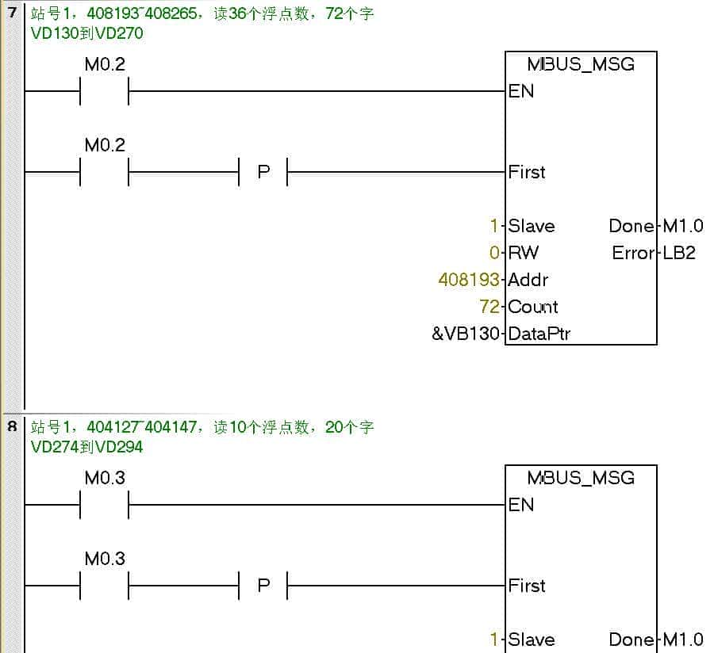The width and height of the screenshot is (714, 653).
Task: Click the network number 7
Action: point(12,13)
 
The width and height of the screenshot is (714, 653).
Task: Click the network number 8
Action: point(12,426)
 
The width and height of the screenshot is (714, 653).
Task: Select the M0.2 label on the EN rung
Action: point(105,64)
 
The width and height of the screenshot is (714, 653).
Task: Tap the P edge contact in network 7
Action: point(263,172)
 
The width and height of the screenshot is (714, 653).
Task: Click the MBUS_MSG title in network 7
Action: point(581,64)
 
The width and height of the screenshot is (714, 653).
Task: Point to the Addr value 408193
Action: point(469,280)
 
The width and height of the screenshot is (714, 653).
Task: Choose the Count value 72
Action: point(489,307)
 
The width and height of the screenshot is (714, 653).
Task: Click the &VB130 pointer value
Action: point(466,334)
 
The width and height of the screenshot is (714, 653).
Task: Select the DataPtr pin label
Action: point(539,334)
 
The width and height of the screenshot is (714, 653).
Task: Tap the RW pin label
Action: point(524,253)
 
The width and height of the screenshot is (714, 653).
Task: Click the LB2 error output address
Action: point(680,253)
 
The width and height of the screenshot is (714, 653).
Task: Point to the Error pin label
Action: point(633,253)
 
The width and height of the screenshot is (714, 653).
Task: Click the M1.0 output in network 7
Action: point(683,226)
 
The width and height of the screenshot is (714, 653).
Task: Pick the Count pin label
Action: point(533,307)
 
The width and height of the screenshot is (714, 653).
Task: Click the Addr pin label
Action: point(528,280)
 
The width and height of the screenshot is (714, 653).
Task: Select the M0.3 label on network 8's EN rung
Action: point(105,478)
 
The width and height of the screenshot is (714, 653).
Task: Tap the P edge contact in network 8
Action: point(263,586)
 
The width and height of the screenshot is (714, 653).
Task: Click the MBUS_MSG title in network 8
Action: point(581,478)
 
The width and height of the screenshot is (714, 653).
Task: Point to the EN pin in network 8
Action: point(521,505)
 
